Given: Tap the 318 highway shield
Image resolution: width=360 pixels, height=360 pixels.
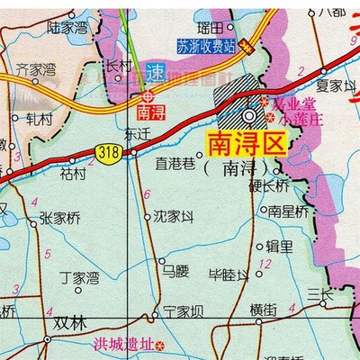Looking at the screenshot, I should (112, 152).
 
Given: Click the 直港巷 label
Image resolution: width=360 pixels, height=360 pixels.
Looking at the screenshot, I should (175, 165).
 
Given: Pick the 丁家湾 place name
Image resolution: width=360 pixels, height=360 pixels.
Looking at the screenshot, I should (78, 278).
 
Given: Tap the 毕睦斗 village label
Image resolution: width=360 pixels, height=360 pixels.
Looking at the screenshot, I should (228, 273).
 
